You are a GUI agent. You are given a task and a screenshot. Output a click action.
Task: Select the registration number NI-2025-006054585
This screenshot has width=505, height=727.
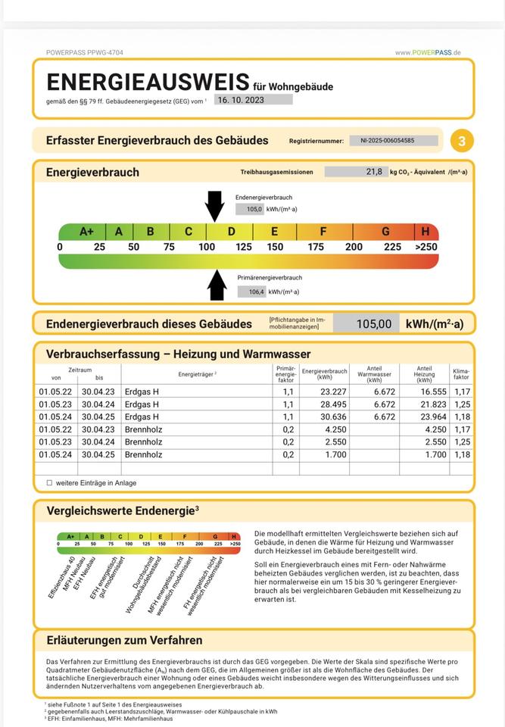[x=392, y=140]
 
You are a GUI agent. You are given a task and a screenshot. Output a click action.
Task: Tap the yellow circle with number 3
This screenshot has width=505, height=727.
[x=462, y=141]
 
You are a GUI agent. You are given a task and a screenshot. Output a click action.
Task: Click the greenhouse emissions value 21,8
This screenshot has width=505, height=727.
[x=356, y=172]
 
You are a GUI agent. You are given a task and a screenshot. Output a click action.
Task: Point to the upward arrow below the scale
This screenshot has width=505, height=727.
[x=217, y=285]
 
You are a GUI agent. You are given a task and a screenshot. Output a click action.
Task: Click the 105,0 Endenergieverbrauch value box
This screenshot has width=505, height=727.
[x=249, y=209]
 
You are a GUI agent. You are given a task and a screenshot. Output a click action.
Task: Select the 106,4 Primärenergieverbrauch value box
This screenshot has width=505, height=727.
[x=251, y=292]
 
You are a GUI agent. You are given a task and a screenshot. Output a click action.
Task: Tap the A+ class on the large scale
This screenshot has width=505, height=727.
[x=86, y=232]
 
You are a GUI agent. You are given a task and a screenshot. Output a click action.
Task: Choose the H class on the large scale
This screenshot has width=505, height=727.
[x=426, y=232]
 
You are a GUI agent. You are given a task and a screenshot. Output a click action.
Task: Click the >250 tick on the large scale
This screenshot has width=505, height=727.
[x=426, y=247]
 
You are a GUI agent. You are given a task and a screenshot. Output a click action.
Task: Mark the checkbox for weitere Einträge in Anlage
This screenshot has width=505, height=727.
[x=50, y=482]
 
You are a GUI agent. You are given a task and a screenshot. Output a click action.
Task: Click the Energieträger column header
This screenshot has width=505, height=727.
[x=198, y=374]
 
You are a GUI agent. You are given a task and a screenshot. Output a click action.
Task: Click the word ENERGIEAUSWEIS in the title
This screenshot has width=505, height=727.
[x=148, y=82]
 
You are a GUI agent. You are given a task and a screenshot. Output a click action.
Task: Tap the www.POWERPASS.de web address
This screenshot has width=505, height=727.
[x=428, y=52]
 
